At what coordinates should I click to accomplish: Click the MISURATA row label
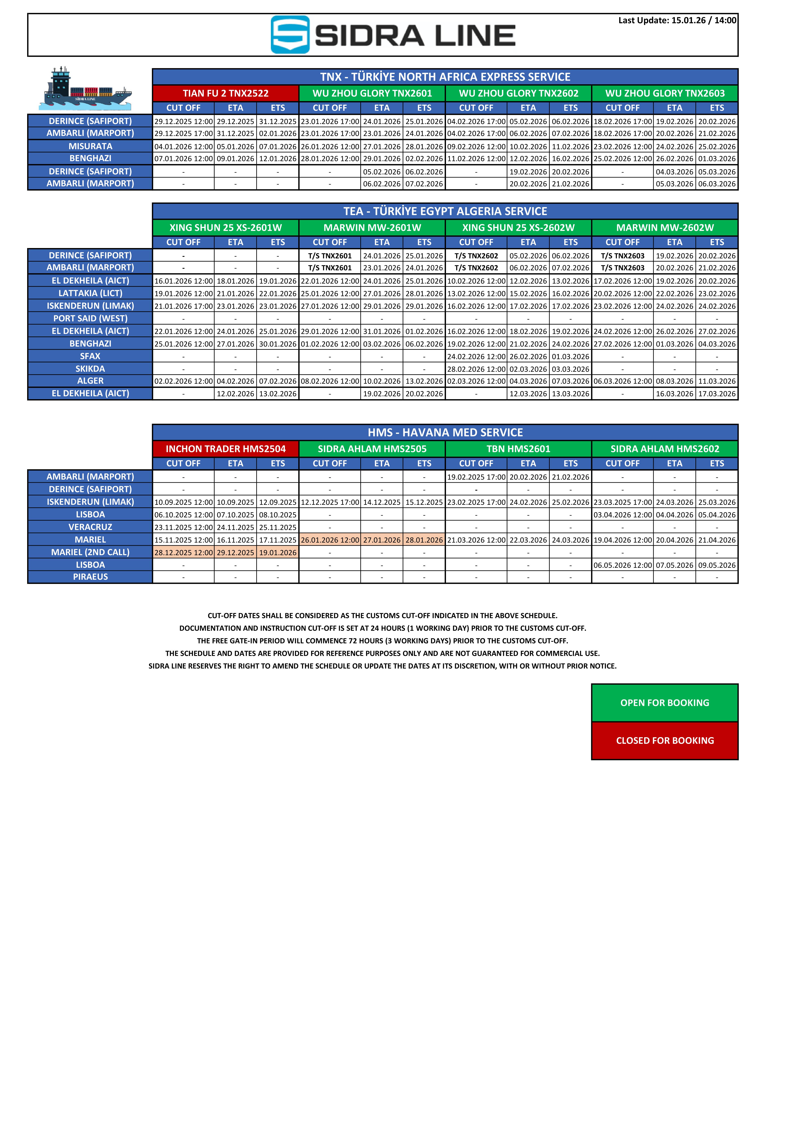(x=90, y=146)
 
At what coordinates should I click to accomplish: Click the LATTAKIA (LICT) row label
(x=90, y=293)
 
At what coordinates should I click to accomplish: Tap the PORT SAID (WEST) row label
(x=90, y=318)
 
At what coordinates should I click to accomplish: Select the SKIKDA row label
(x=90, y=369)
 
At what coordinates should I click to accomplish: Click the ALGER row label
(x=90, y=381)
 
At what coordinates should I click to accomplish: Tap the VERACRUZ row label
(x=90, y=527)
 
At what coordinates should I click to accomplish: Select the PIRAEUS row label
(x=90, y=577)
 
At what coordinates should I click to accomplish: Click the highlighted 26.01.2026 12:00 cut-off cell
(x=330, y=540)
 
